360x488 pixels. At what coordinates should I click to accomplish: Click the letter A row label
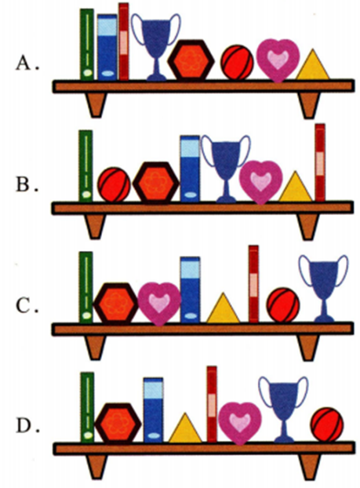(x=24, y=64)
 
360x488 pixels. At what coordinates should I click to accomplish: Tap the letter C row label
(x=24, y=306)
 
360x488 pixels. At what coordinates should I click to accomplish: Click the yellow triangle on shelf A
(x=312, y=65)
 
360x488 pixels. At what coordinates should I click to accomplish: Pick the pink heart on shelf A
(x=278, y=60)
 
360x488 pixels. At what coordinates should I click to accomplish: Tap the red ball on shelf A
(x=237, y=62)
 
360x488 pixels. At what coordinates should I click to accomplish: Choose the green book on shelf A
(x=87, y=45)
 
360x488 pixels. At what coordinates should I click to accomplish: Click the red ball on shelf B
(x=115, y=185)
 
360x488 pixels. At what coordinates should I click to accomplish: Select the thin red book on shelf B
(x=320, y=162)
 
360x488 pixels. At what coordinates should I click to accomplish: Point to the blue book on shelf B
(x=190, y=169)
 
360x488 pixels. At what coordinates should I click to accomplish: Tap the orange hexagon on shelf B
(x=156, y=183)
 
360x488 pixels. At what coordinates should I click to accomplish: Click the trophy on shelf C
(x=324, y=288)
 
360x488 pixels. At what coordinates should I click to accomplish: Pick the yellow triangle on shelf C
(x=223, y=308)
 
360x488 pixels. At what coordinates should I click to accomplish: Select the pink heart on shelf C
(x=159, y=303)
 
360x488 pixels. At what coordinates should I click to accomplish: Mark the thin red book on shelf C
(x=253, y=284)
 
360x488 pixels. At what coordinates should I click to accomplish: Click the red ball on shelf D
(x=327, y=424)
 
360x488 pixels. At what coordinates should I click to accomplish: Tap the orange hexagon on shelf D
(x=118, y=423)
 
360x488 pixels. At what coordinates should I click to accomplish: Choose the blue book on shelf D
(x=153, y=410)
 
